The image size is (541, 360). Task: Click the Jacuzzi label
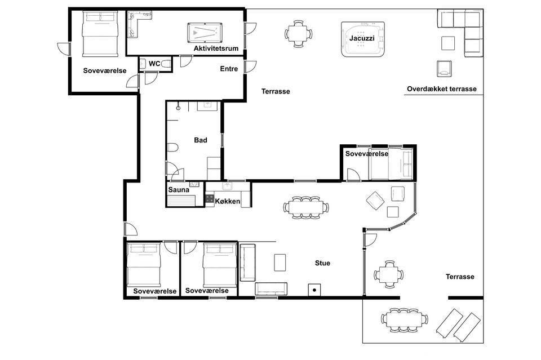click(362, 38)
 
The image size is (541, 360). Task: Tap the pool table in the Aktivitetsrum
click(205, 33)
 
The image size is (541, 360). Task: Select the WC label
click(154, 64)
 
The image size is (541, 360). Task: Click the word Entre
click(229, 69)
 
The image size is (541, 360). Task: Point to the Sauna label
click(179, 190)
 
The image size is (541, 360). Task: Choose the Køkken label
click(227, 201)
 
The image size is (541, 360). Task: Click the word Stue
click(322, 263)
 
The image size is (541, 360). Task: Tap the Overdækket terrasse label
click(442, 88)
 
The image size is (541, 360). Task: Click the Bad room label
click(201, 140)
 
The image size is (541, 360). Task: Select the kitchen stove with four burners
click(210, 198)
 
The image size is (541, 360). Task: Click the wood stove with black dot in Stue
click(314, 290)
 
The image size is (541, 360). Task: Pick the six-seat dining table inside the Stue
click(305, 207)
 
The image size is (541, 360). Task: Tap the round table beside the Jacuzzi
click(299, 34)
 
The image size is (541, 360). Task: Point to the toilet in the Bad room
click(172, 148)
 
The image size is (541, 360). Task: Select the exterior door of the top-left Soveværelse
click(64, 48)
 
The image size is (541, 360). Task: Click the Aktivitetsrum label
click(216, 48)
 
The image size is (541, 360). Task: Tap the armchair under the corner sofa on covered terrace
click(444, 69)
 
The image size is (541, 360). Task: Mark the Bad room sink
click(208, 106)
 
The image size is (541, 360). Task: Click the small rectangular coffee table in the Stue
click(280, 263)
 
